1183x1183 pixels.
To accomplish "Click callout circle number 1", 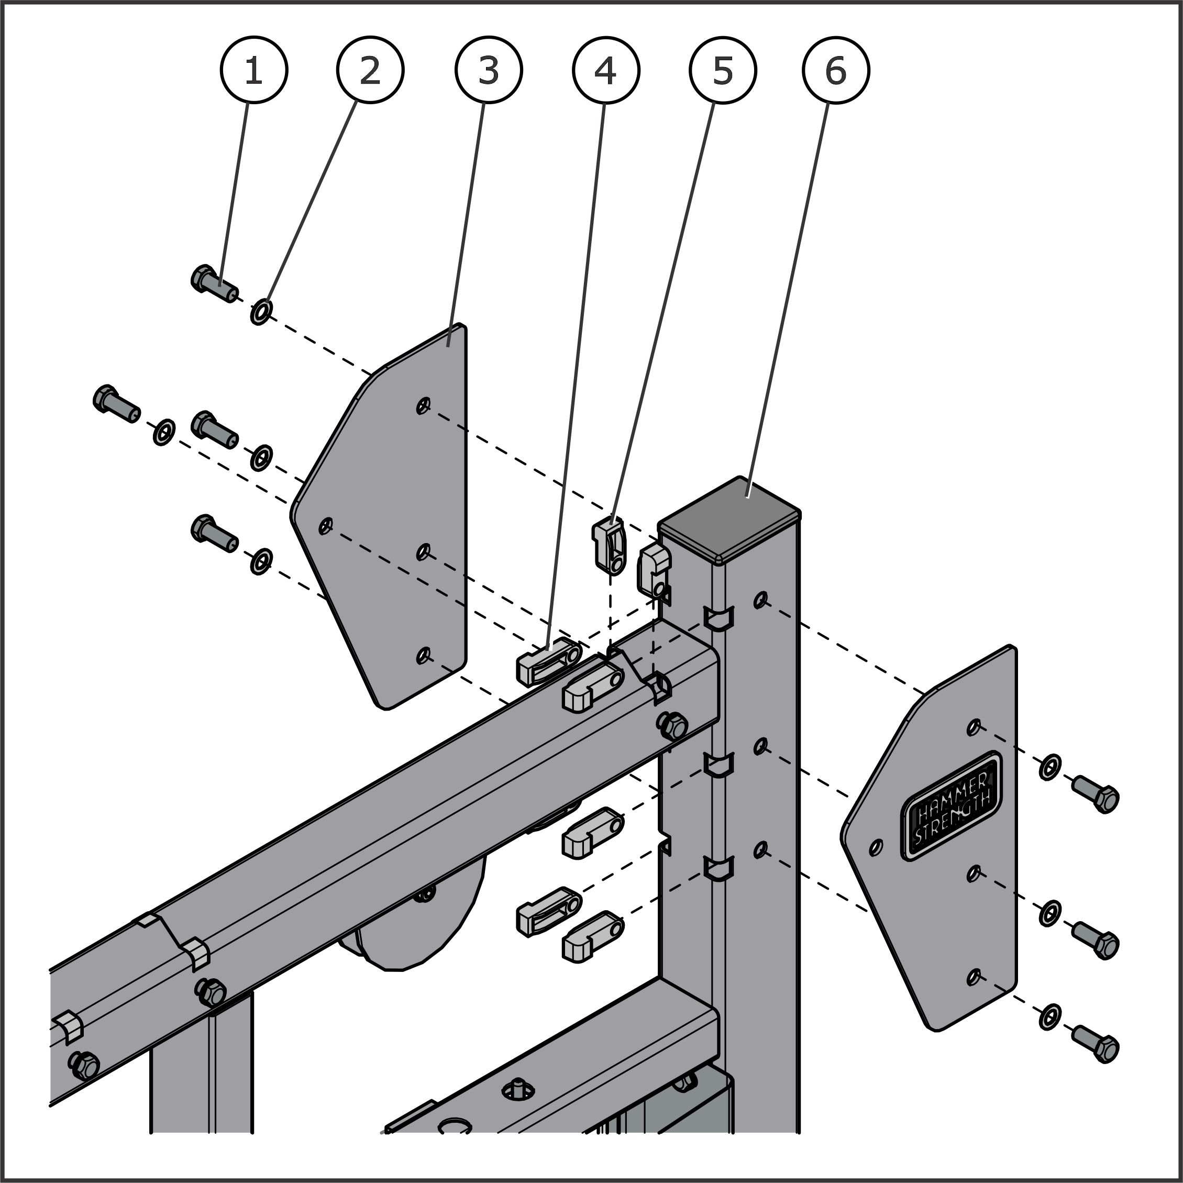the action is (x=253, y=70).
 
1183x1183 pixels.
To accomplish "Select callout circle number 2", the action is (x=370, y=70).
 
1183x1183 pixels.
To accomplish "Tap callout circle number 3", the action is (x=488, y=70).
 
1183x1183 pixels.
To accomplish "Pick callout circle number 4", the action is (x=605, y=70).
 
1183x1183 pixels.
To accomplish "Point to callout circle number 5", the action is (x=723, y=70).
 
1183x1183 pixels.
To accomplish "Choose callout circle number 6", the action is (x=836, y=70).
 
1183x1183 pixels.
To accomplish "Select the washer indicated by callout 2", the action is (x=261, y=312).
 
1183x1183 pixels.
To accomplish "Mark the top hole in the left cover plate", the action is (x=423, y=405).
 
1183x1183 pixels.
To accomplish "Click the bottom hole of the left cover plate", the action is (x=423, y=655).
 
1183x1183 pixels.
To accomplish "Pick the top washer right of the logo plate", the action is (x=1050, y=767).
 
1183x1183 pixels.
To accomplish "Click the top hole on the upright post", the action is (x=760, y=600).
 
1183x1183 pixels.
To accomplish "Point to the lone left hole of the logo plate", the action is (x=876, y=847).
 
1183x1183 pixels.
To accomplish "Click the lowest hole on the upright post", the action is (x=760, y=849).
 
